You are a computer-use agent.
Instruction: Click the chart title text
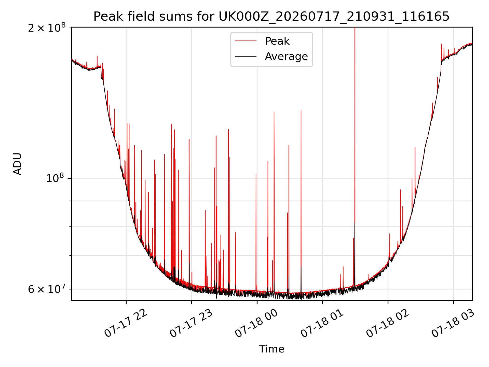click(271, 16)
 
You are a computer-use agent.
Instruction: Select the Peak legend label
click(277, 41)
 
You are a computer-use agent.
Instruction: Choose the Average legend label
click(286, 56)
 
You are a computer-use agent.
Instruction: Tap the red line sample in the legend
click(246, 41)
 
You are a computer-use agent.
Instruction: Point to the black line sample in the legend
click(246, 56)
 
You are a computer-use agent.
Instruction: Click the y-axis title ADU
click(18, 164)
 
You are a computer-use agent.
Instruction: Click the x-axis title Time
click(271, 349)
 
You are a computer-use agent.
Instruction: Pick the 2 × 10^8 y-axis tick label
click(47, 28)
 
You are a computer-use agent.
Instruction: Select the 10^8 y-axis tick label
click(56, 178)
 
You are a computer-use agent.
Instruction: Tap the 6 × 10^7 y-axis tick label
click(47, 289)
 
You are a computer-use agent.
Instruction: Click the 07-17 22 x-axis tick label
click(126, 323)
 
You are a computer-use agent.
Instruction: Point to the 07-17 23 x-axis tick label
click(191, 323)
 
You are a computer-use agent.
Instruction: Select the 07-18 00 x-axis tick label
click(256, 323)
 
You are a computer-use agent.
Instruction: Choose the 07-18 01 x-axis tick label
click(322, 323)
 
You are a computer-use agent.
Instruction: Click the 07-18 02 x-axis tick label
click(387, 323)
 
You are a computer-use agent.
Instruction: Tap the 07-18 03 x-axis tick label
click(453, 323)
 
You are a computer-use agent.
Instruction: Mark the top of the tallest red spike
click(355, 28)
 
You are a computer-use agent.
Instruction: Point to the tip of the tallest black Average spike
click(355, 223)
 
